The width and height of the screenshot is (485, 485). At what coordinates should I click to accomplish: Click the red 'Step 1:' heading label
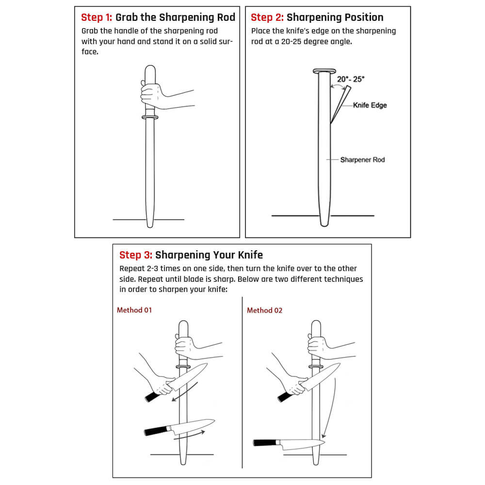97,18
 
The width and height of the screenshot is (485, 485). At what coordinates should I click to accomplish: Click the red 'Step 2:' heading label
267,18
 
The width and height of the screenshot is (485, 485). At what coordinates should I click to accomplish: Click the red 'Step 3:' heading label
135,255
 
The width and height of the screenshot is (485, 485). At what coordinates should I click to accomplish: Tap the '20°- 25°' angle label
351,79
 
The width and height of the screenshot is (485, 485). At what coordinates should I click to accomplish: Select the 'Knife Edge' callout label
370,105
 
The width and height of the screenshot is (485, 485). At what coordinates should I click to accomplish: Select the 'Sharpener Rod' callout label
362,160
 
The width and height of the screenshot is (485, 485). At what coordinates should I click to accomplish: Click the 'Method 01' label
134,310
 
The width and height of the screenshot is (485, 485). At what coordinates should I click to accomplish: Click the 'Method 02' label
264,310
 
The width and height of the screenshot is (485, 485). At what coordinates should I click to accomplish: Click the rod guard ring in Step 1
150,117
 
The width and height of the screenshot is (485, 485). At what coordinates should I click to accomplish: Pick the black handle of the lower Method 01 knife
155,431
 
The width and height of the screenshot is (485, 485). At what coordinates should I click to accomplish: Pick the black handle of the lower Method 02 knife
264,442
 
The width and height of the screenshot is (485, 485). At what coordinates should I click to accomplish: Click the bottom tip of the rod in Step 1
150,224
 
